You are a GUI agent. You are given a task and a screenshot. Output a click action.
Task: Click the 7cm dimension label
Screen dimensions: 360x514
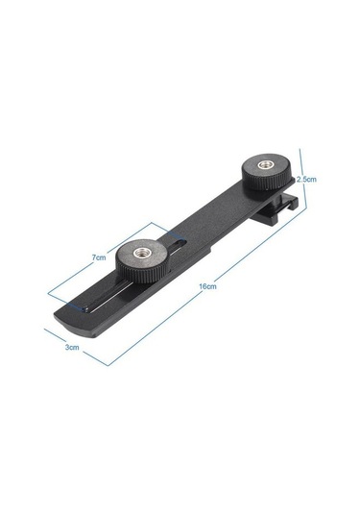(99, 257)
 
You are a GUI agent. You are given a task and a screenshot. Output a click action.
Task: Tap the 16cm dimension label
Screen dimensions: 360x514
(207, 286)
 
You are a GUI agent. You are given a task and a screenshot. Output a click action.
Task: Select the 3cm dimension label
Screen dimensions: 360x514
(72, 347)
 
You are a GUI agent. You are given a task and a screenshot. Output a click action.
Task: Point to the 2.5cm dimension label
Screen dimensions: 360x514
(306, 180)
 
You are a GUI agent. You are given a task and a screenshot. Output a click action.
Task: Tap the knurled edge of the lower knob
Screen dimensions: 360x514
(142, 274)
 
